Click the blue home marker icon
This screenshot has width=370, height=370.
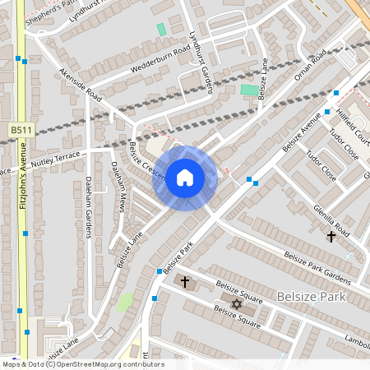(185, 178)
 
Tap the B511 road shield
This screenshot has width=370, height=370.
(21, 130)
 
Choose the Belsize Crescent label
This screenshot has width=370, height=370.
(147, 160)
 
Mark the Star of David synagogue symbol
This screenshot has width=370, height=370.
(237, 304)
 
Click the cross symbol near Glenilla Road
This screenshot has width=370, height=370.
(331, 237)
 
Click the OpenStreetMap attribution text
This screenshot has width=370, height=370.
(82, 364)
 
